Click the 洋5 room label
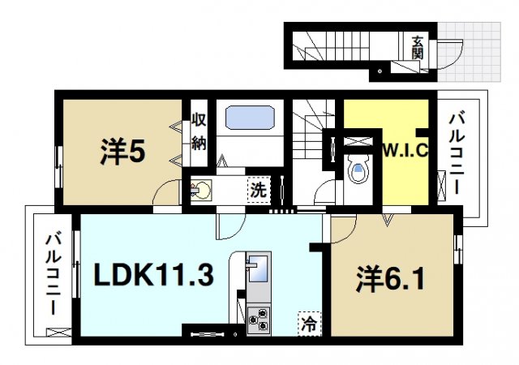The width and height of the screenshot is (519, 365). tap(122, 152)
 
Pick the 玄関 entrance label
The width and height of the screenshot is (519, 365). tap(417, 48)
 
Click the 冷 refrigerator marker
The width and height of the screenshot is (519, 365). tap(309, 321)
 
